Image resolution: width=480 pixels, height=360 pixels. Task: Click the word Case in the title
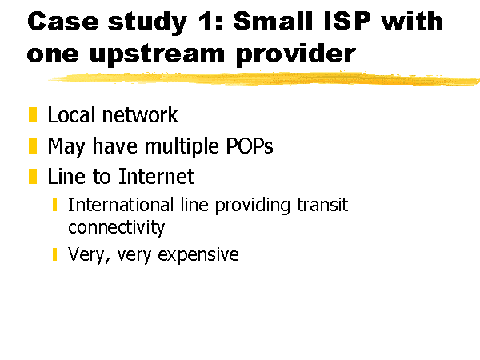[63, 22]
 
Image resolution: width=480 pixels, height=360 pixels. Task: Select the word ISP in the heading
[347, 22]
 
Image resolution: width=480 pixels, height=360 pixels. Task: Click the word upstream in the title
[158, 54]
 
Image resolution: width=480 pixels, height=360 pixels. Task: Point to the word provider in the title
[296, 54]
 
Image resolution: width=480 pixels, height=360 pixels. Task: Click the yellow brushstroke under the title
[264, 78]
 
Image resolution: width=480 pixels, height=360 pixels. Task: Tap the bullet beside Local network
[33, 114]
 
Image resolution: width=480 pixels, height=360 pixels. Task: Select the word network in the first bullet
[140, 115]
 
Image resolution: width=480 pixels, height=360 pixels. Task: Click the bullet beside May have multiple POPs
[33, 146]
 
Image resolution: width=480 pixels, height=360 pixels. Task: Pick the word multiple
[182, 146]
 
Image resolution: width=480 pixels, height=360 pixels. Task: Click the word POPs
[249, 146]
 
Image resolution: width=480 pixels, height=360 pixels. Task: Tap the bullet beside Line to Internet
[33, 177]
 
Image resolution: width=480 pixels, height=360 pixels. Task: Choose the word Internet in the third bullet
[157, 176]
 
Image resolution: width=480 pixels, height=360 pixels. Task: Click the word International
[121, 205]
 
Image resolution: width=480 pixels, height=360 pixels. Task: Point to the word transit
[322, 205]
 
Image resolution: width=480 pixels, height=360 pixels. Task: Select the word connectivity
[116, 227]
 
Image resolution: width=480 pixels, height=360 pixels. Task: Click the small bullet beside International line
[54, 205]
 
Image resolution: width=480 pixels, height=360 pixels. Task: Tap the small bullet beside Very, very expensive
[54, 254]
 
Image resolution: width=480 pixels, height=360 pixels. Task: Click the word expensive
[198, 255]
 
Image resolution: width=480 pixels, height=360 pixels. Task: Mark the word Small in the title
[273, 22]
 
